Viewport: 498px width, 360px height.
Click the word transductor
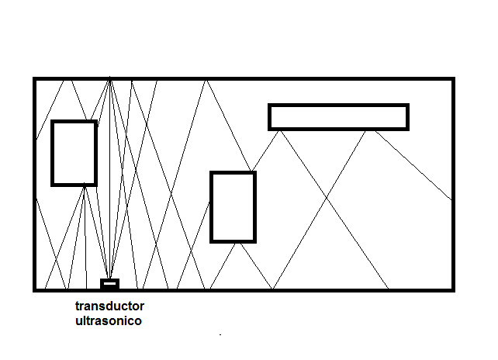click(x=109, y=306)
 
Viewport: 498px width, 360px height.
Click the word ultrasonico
click(x=109, y=320)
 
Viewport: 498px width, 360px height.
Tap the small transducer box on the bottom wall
click(x=109, y=282)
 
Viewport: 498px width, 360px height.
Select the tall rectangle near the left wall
click(x=74, y=153)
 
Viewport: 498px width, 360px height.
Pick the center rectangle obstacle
click(x=233, y=207)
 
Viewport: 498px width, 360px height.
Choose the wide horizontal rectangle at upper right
click(x=338, y=116)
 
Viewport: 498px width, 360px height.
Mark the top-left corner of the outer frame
click(x=35, y=79)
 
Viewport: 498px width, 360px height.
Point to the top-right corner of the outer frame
click(x=452, y=79)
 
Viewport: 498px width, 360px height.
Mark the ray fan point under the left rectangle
click(x=84, y=185)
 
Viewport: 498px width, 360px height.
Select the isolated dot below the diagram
click(x=221, y=334)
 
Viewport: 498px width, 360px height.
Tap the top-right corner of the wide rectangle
click(x=407, y=106)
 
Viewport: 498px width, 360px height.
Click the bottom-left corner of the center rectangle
click(x=212, y=241)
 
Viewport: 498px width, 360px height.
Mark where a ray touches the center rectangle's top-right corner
click(x=254, y=172)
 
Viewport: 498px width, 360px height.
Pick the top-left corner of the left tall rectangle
click(x=53, y=122)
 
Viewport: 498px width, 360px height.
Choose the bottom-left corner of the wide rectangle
click(x=270, y=128)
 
